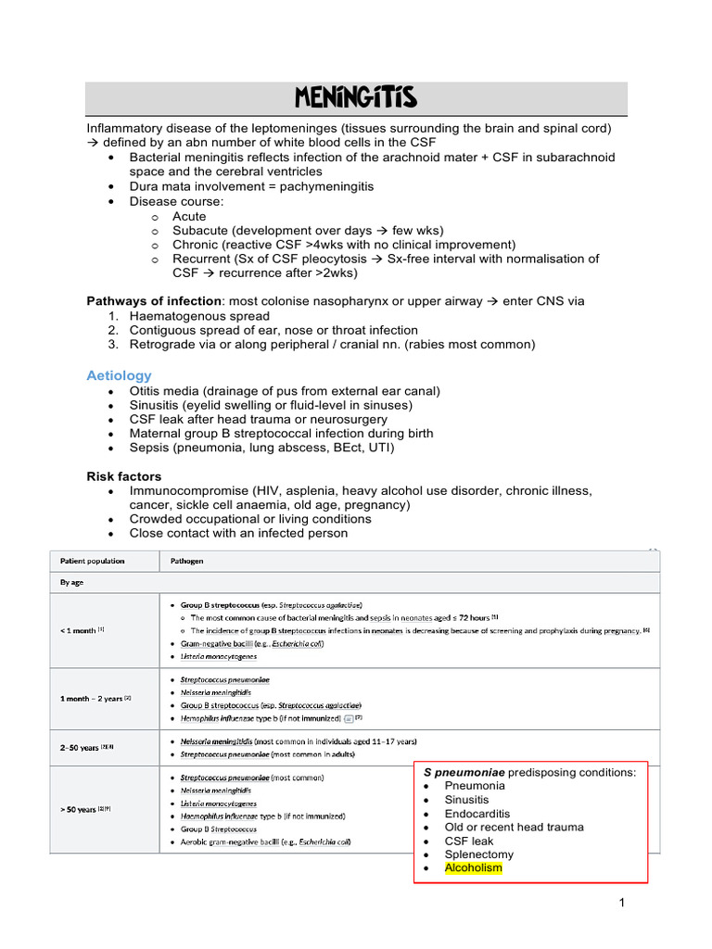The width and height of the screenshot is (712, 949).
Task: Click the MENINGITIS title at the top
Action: (356, 97)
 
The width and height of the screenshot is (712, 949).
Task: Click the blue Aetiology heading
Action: (119, 375)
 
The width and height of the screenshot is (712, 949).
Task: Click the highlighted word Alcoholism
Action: (473, 868)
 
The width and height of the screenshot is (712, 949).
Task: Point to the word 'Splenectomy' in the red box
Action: (478, 854)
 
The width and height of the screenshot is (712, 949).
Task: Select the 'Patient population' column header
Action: (92, 562)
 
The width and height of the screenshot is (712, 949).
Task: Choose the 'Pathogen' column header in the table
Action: (186, 562)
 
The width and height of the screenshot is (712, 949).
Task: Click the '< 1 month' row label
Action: (80, 630)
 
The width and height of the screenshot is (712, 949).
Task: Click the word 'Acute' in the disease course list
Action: (189, 217)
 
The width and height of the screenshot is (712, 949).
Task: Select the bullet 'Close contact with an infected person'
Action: (238, 533)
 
